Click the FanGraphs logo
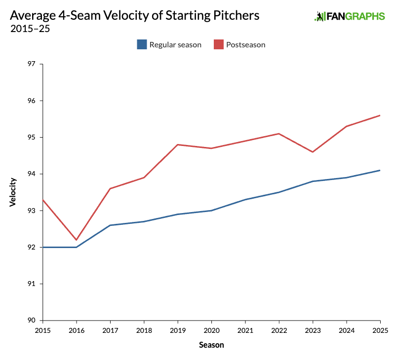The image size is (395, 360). coord(350,16)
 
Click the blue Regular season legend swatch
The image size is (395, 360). coord(142,45)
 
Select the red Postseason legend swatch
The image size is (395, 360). coord(218,45)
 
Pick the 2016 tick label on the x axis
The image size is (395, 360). coord(77,330)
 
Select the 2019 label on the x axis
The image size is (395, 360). coord(178,330)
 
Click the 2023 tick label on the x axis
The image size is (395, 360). coord(313,330)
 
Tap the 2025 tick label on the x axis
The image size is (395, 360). coord(380,330)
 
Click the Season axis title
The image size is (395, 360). coord(211,345)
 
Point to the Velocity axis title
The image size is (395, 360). coord(13,192)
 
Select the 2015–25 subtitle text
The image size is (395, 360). coord(30,28)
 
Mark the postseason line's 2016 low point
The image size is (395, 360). coord(77,240)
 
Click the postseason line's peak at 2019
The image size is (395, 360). coord(178,144)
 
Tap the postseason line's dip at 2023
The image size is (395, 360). coord(313,152)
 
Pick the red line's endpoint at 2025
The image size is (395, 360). coord(380,115)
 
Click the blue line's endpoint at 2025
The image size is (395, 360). coord(380,170)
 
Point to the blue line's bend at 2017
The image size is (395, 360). coord(110,225)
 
